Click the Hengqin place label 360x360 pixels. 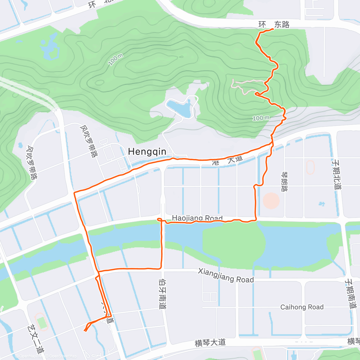click(147, 151)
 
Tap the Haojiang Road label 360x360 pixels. click(197, 218)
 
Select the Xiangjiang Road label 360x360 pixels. click(226, 276)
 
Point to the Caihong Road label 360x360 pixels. click(302, 307)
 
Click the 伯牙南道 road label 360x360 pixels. click(162, 294)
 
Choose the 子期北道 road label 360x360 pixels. click(337, 174)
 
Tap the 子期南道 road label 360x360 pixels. click(350, 293)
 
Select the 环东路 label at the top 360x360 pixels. click(274, 25)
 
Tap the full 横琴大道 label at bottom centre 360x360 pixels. click(210, 343)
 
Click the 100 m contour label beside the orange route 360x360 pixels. click(261, 118)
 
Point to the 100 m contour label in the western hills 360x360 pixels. click(115, 60)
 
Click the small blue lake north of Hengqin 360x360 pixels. click(179, 108)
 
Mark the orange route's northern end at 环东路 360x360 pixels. click(273, 29)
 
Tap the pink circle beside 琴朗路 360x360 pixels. click(271, 201)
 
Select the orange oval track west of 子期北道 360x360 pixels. click(310, 167)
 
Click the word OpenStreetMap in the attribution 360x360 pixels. click(63, 356)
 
